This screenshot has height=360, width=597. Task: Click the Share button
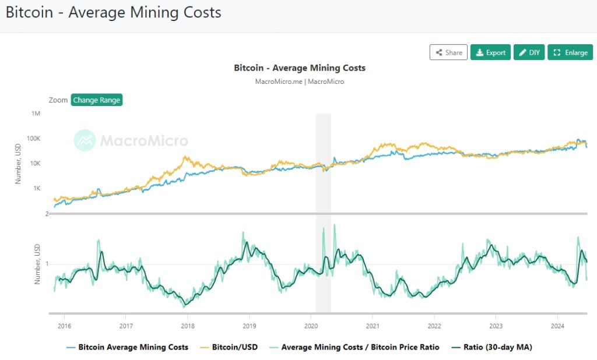[x=448, y=52]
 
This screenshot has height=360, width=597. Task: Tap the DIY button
[x=529, y=52]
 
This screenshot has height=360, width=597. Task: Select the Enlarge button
[x=570, y=52]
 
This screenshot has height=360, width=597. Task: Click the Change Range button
[x=97, y=100]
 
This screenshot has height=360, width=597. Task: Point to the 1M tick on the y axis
[x=36, y=114]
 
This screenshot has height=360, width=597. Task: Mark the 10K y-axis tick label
[x=34, y=164]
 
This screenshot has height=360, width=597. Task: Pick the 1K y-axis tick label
[x=36, y=189]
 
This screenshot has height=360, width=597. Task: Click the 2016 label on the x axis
[x=64, y=326]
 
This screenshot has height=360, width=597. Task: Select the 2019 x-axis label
[x=249, y=326]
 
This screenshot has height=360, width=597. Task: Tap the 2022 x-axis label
[x=434, y=326]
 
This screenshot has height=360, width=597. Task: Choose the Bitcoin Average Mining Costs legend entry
[x=133, y=347]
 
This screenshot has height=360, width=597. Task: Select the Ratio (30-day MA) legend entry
[x=497, y=347]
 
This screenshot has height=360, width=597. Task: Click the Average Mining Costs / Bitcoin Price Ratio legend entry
[x=360, y=347]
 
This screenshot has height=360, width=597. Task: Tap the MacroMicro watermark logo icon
[x=85, y=140]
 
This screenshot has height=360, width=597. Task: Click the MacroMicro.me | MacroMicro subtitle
[x=300, y=82]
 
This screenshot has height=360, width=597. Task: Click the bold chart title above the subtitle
[x=300, y=68]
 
